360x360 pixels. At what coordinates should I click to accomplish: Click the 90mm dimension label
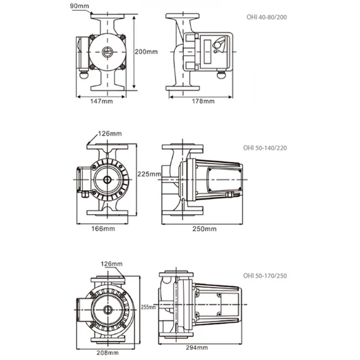pos(80,6)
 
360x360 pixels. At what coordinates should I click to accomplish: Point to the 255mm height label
pos(148,308)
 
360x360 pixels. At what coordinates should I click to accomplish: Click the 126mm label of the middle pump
pos(111,133)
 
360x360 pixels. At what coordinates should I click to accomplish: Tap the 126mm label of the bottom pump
pos(111,264)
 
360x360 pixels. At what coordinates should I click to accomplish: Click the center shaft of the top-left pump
pos(108,52)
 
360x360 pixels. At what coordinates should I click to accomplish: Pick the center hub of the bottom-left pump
pos(107,310)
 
